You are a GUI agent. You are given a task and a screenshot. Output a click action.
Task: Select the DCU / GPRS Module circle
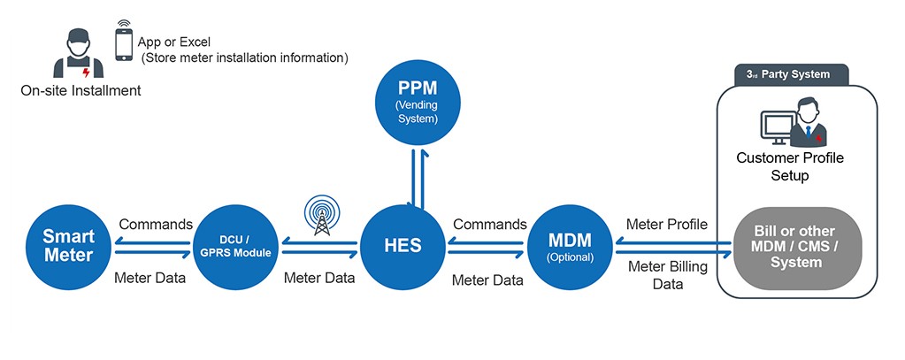click(235, 245)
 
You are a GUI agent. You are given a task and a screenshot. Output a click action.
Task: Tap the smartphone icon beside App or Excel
click(124, 42)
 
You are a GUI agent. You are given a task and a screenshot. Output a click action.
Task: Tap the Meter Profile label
click(666, 225)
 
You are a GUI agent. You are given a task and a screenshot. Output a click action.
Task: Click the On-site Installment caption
click(81, 90)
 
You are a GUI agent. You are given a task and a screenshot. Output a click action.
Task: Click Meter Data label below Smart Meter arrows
click(150, 278)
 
